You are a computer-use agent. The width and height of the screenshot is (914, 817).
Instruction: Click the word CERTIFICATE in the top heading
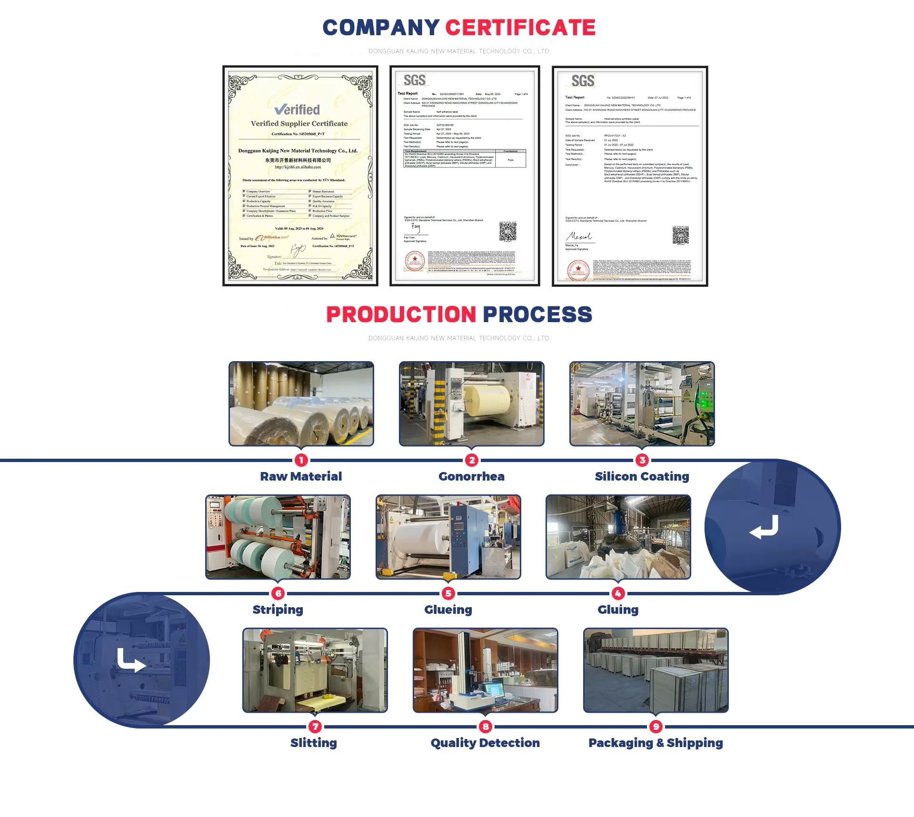click(520, 28)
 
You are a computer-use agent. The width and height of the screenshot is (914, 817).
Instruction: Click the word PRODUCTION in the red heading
click(401, 315)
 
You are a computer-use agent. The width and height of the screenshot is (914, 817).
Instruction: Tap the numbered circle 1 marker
click(301, 460)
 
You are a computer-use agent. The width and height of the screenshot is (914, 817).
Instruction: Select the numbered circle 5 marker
click(448, 593)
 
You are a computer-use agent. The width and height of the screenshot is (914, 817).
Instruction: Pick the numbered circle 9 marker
click(656, 727)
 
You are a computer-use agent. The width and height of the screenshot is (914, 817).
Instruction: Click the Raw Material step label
click(301, 476)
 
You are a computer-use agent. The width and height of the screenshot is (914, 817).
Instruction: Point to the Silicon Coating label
click(642, 476)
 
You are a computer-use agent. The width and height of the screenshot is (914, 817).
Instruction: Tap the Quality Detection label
click(485, 743)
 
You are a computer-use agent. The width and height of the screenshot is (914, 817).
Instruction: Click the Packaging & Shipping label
click(656, 743)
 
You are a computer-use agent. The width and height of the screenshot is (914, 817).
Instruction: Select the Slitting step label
click(314, 743)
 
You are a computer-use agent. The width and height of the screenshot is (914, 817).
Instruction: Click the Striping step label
click(278, 610)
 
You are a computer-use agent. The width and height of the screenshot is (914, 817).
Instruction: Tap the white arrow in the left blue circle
click(131, 660)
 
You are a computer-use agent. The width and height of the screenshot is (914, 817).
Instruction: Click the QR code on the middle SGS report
click(507, 232)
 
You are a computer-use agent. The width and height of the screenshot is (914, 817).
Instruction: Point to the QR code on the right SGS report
click(680, 235)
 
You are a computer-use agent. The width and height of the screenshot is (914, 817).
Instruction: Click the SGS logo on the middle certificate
click(414, 80)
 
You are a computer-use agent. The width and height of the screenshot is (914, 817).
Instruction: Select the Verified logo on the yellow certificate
click(298, 110)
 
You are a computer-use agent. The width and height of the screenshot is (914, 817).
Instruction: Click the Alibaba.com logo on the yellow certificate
click(272, 237)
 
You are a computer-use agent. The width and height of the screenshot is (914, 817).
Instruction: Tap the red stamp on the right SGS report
click(578, 270)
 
